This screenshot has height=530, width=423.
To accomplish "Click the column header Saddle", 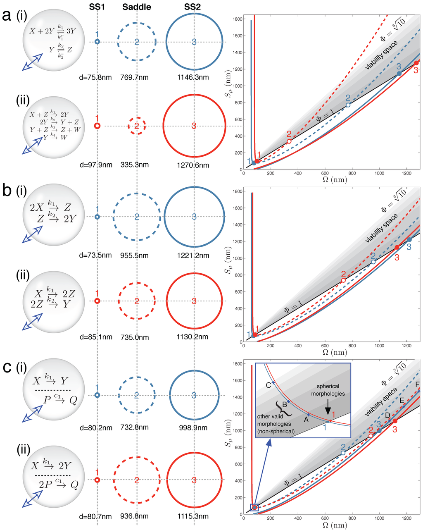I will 137,7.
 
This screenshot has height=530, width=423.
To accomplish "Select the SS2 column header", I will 194,7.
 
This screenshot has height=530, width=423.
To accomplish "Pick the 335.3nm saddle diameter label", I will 135,165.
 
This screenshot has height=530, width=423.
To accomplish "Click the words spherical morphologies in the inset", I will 328,390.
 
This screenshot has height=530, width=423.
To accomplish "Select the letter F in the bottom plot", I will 417,384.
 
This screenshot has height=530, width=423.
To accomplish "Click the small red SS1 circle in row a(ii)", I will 97,125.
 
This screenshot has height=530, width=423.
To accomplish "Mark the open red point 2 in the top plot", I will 289,141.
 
